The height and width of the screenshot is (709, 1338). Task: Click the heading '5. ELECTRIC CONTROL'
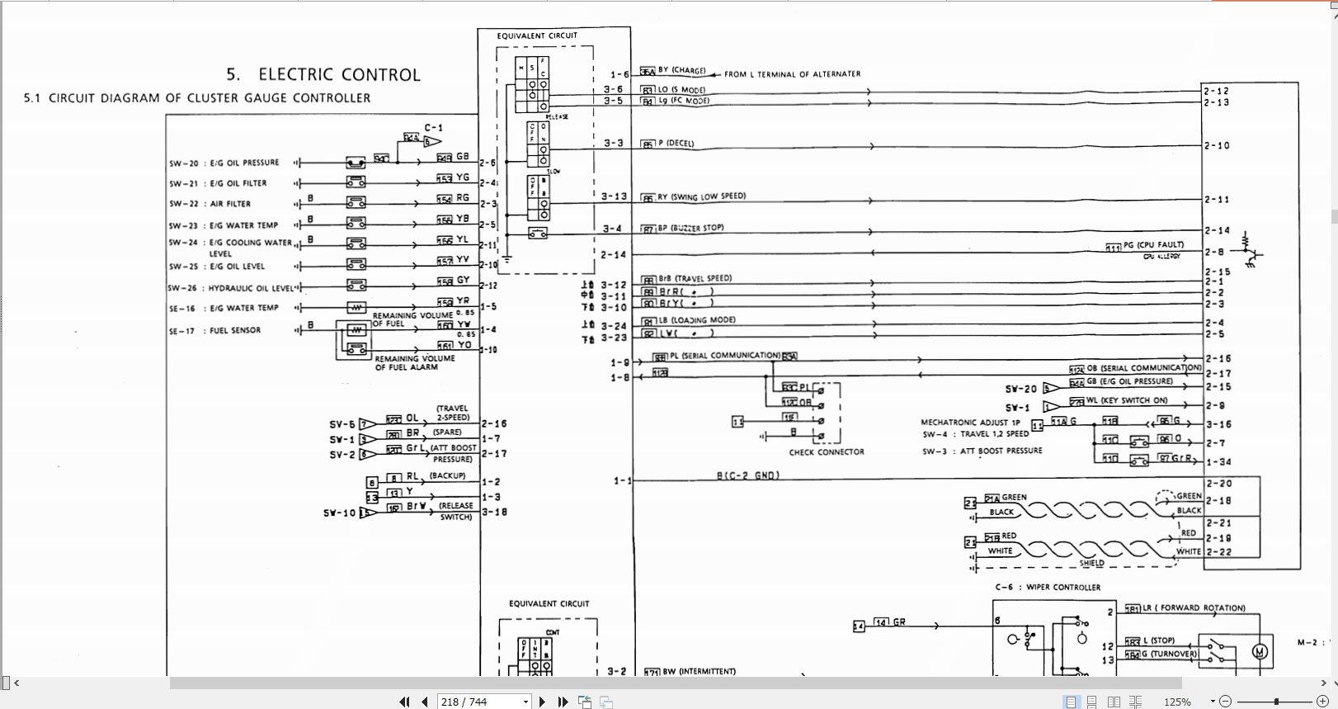coord(323,75)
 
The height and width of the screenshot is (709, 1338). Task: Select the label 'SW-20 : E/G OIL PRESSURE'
coord(224,163)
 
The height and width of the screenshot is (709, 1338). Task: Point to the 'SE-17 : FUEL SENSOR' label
coord(214,331)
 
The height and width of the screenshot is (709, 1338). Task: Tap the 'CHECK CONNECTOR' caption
coord(827,452)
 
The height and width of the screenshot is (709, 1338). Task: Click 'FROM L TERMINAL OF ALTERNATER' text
coord(792,74)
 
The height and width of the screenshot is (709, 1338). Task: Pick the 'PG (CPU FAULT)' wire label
coord(1152,245)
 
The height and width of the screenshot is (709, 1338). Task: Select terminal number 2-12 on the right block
coord(1216,92)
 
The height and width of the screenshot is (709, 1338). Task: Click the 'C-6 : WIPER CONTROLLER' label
coord(1048,588)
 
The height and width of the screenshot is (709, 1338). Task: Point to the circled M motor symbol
coord(1259,652)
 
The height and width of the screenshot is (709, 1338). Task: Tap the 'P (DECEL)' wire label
coord(676,144)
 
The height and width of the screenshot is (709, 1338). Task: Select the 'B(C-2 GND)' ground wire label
coord(747,476)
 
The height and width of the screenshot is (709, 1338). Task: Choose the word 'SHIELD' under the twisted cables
coord(1091,563)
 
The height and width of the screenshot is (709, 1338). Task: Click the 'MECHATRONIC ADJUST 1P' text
coord(970,422)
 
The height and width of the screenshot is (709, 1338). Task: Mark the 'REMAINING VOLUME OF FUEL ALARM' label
coord(414,363)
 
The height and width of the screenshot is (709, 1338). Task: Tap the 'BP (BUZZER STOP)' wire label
coord(690,228)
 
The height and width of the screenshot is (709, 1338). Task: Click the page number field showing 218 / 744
coord(483,702)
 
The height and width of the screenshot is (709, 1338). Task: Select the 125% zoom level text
coord(1177,702)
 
